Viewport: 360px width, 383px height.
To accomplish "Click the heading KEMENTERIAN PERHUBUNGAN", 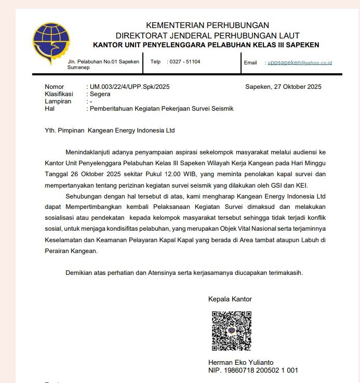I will [x=207, y=25].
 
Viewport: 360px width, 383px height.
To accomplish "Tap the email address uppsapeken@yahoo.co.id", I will [x=300, y=62].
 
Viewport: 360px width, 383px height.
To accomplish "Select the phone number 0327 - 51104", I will [x=185, y=62].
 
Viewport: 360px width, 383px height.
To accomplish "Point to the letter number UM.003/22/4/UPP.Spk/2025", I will [x=130, y=87].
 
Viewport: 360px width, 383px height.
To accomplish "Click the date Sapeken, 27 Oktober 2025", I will [x=283, y=87].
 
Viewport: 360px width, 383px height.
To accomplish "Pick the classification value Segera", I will [x=100, y=94].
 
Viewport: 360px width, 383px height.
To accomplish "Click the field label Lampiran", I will [x=58, y=101].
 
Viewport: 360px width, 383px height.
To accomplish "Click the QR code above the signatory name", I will [x=231, y=331].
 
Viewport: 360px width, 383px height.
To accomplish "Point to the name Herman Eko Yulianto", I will [x=241, y=362].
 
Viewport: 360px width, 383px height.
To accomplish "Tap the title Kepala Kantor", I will [x=230, y=299].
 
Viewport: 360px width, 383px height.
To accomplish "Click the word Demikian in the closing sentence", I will [x=80, y=273].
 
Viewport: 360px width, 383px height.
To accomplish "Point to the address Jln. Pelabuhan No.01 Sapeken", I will [x=103, y=62].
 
